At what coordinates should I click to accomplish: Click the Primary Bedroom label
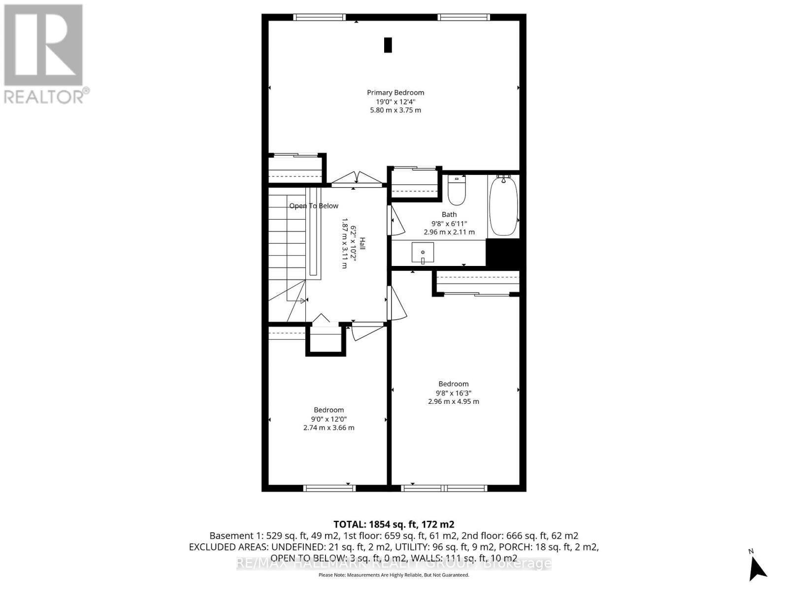point(395,93)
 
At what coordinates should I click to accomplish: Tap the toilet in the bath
point(457,192)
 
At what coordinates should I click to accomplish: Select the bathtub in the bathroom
point(503,207)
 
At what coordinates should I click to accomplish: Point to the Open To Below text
point(314,206)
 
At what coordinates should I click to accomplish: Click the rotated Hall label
point(362,243)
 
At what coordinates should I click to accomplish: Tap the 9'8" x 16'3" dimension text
point(453,393)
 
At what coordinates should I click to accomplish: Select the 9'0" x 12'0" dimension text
point(328,419)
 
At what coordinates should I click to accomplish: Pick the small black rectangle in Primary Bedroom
point(388,45)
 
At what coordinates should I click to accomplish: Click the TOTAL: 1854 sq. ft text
point(394,525)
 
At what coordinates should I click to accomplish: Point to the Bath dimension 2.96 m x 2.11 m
point(449,232)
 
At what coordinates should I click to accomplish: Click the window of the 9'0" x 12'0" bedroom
point(329,488)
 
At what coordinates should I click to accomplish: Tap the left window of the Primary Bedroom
point(319,17)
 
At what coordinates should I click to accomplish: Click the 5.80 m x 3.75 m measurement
point(395,110)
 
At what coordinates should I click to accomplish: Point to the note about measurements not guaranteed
point(394,575)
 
